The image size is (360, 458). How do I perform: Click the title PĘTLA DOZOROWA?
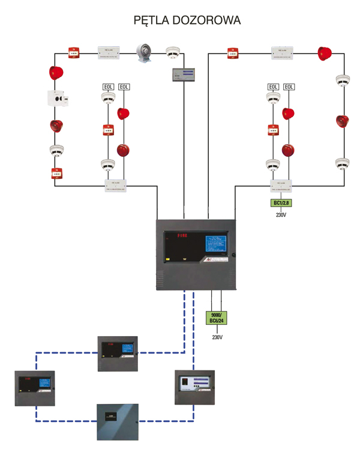coord(188,20)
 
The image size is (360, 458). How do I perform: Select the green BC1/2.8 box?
coord(281,203)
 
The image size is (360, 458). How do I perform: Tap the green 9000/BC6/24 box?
coord(217,318)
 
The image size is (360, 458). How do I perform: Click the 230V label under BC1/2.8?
coord(281,214)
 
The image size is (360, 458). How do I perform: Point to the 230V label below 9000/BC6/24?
coord(217,337)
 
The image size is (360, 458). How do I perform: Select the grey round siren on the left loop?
coord(144,52)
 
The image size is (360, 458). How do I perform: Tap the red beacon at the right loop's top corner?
coord(325,53)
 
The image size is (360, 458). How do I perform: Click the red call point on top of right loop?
coord(233,53)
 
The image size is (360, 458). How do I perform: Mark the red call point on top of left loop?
coord(74,53)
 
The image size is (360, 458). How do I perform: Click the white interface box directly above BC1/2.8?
coord(281,185)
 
